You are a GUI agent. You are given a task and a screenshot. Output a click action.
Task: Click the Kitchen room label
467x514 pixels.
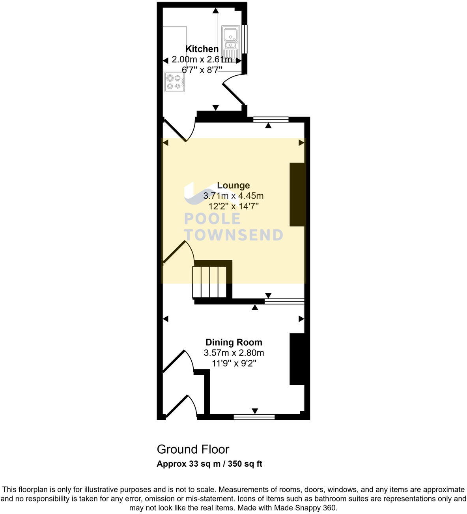click(x=202, y=49)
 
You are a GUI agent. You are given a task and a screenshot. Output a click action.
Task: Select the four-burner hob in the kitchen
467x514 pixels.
click(x=174, y=82)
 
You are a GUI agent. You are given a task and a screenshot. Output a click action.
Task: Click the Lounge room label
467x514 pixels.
click(x=233, y=185)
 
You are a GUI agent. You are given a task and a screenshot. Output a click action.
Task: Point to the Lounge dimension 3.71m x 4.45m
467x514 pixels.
click(x=233, y=196)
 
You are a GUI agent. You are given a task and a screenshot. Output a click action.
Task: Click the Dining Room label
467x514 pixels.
click(x=233, y=342)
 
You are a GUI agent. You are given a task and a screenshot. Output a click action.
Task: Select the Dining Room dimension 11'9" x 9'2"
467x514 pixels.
click(x=233, y=363)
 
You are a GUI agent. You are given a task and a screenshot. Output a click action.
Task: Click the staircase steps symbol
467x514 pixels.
click(x=209, y=282)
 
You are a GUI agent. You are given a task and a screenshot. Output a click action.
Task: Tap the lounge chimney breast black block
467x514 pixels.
click(x=297, y=194)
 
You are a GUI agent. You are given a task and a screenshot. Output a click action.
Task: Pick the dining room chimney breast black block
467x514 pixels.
click(x=297, y=359)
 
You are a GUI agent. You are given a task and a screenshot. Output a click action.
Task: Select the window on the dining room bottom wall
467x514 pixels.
click(x=254, y=417)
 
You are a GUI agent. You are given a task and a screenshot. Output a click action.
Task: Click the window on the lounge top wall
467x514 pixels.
click(x=271, y=119)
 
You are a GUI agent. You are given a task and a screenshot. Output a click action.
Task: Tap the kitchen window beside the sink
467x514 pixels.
click(x=245, y=39)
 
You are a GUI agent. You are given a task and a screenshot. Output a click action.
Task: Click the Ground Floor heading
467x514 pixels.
click(x=193, y=449)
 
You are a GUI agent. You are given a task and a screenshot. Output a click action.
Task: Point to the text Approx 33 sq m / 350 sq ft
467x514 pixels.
click(x=209, y=464)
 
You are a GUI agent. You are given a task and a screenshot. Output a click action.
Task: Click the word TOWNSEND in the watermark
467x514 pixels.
click(x=233, y=235)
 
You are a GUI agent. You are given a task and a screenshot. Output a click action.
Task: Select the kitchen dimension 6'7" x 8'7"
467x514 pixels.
click(x=202, y=69)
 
